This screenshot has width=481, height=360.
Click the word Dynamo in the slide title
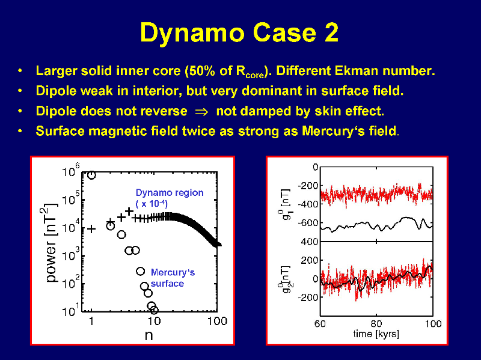point(192,33)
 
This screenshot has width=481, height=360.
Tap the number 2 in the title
point(331,32)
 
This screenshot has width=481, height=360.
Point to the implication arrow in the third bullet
point(201,112)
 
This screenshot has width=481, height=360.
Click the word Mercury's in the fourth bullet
point(334,131)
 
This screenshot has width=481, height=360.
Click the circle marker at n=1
point(91,175)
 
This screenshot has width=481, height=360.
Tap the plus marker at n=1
point(91,229)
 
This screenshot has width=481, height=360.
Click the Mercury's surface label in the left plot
point(173,278)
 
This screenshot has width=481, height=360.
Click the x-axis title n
point(149,335)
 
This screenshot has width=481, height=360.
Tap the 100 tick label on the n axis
point(217,321)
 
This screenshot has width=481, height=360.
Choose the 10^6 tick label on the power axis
point(71,171)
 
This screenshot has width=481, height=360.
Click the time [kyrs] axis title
point(376,334)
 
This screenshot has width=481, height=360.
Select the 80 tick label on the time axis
point(376,324)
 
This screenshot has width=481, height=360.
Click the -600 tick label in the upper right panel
point(308,222)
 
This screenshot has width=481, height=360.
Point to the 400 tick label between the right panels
point(310,242)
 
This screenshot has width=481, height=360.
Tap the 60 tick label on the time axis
point(320,324)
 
